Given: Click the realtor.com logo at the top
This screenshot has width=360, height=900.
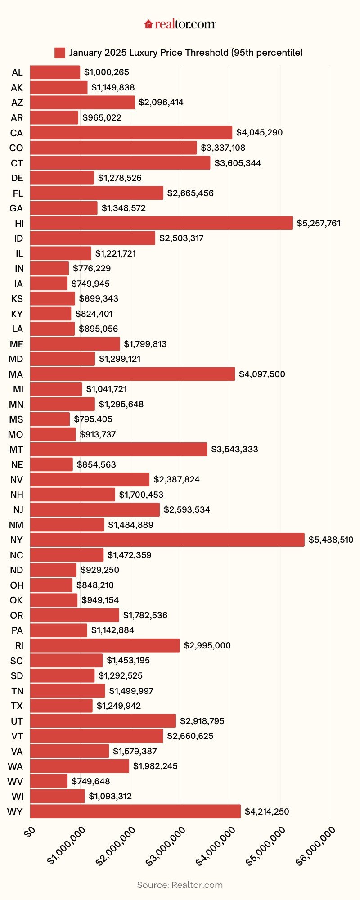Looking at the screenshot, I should pyautogui.click(x=180, y=24).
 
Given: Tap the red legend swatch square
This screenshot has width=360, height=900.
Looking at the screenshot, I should pyautogui.click(x=60, y=53).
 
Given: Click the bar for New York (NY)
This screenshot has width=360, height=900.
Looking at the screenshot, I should pyautogui.click(x=167, y=540).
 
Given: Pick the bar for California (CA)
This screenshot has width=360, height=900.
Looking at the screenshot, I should pyautogui.click(x=131, y=133).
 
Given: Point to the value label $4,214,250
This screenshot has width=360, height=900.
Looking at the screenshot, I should pyautogui.click(x=267, y=811).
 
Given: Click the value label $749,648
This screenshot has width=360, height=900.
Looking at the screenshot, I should pyautogui.click(x=91, y=781).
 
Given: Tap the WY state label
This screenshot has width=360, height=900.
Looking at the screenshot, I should pyautogui.click(x=15, y=812).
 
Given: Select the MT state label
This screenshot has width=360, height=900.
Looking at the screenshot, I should pyautogui.click(x=16, y=450).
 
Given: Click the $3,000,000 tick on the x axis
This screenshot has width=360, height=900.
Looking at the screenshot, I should pyautogui.click(x=166, y=846).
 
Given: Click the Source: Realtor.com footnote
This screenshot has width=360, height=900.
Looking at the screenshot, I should pyautogui.click(x=180, y=885).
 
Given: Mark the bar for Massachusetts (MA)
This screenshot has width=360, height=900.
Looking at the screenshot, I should pyautogui.click(x=132, y=374).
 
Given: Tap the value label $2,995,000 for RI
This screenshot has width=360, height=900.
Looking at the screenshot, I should pyautogui.click(x=207, y=645).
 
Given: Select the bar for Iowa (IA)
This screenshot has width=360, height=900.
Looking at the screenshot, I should pyautogui.click(x=49, y=283).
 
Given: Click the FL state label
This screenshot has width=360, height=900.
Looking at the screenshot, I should pyautogui.click(x=18, y=193).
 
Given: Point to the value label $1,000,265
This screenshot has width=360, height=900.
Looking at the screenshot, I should pyautogui.click(x=107, y=72).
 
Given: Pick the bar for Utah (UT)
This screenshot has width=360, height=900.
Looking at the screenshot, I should pyautogui.click(x=103, y=721).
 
